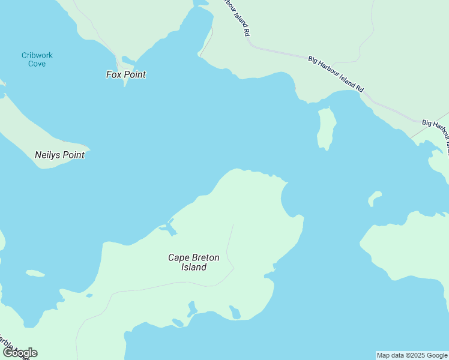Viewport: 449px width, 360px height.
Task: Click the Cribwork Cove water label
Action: (x=37, y=59)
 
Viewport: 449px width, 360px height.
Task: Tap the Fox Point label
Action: (x=126, y=74)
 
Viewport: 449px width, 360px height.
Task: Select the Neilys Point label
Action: (x=59, y=155)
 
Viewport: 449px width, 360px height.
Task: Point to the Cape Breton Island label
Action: (x=194, y=262)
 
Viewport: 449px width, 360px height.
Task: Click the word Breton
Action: (x=206, y=257)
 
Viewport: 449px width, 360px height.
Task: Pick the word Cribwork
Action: (x=37, y=55)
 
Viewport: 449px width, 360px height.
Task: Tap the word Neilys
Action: (x=46, y=155)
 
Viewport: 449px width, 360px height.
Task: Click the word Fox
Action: (x=113, y=74)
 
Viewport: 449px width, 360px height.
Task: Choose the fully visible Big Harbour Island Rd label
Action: (x=336, y=74)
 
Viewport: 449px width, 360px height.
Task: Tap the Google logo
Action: (x=19, y=353)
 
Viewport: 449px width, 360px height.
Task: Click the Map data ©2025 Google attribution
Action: (x=412, y=355)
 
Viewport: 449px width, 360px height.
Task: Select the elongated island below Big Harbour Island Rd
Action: (x=326, y=128)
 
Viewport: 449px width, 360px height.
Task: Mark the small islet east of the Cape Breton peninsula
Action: (x=375, y=197)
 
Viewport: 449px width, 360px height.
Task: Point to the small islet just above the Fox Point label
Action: (x=127, y=59)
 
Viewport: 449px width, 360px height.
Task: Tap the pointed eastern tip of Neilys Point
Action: (x=88, y=148)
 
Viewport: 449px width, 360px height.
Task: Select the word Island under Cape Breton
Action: (x=194, y=267)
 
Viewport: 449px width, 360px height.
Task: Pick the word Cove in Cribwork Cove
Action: (x=37, y=63)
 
